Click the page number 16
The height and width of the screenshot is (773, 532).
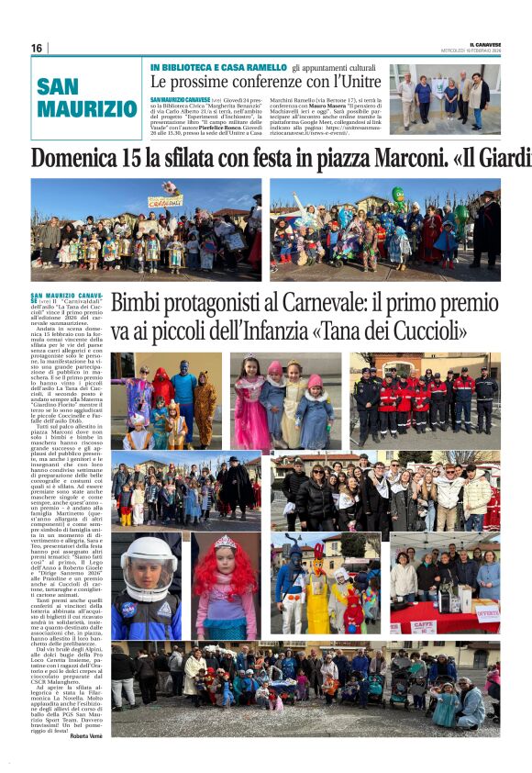(x=37, y=48)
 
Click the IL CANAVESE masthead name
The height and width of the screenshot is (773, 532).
(x=483, y=44)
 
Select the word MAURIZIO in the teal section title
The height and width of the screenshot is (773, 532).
(x=86, y=108)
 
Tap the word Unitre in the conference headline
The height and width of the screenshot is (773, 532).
(x=354, y=82)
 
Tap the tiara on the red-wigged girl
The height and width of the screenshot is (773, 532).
(x=225, y=542)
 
